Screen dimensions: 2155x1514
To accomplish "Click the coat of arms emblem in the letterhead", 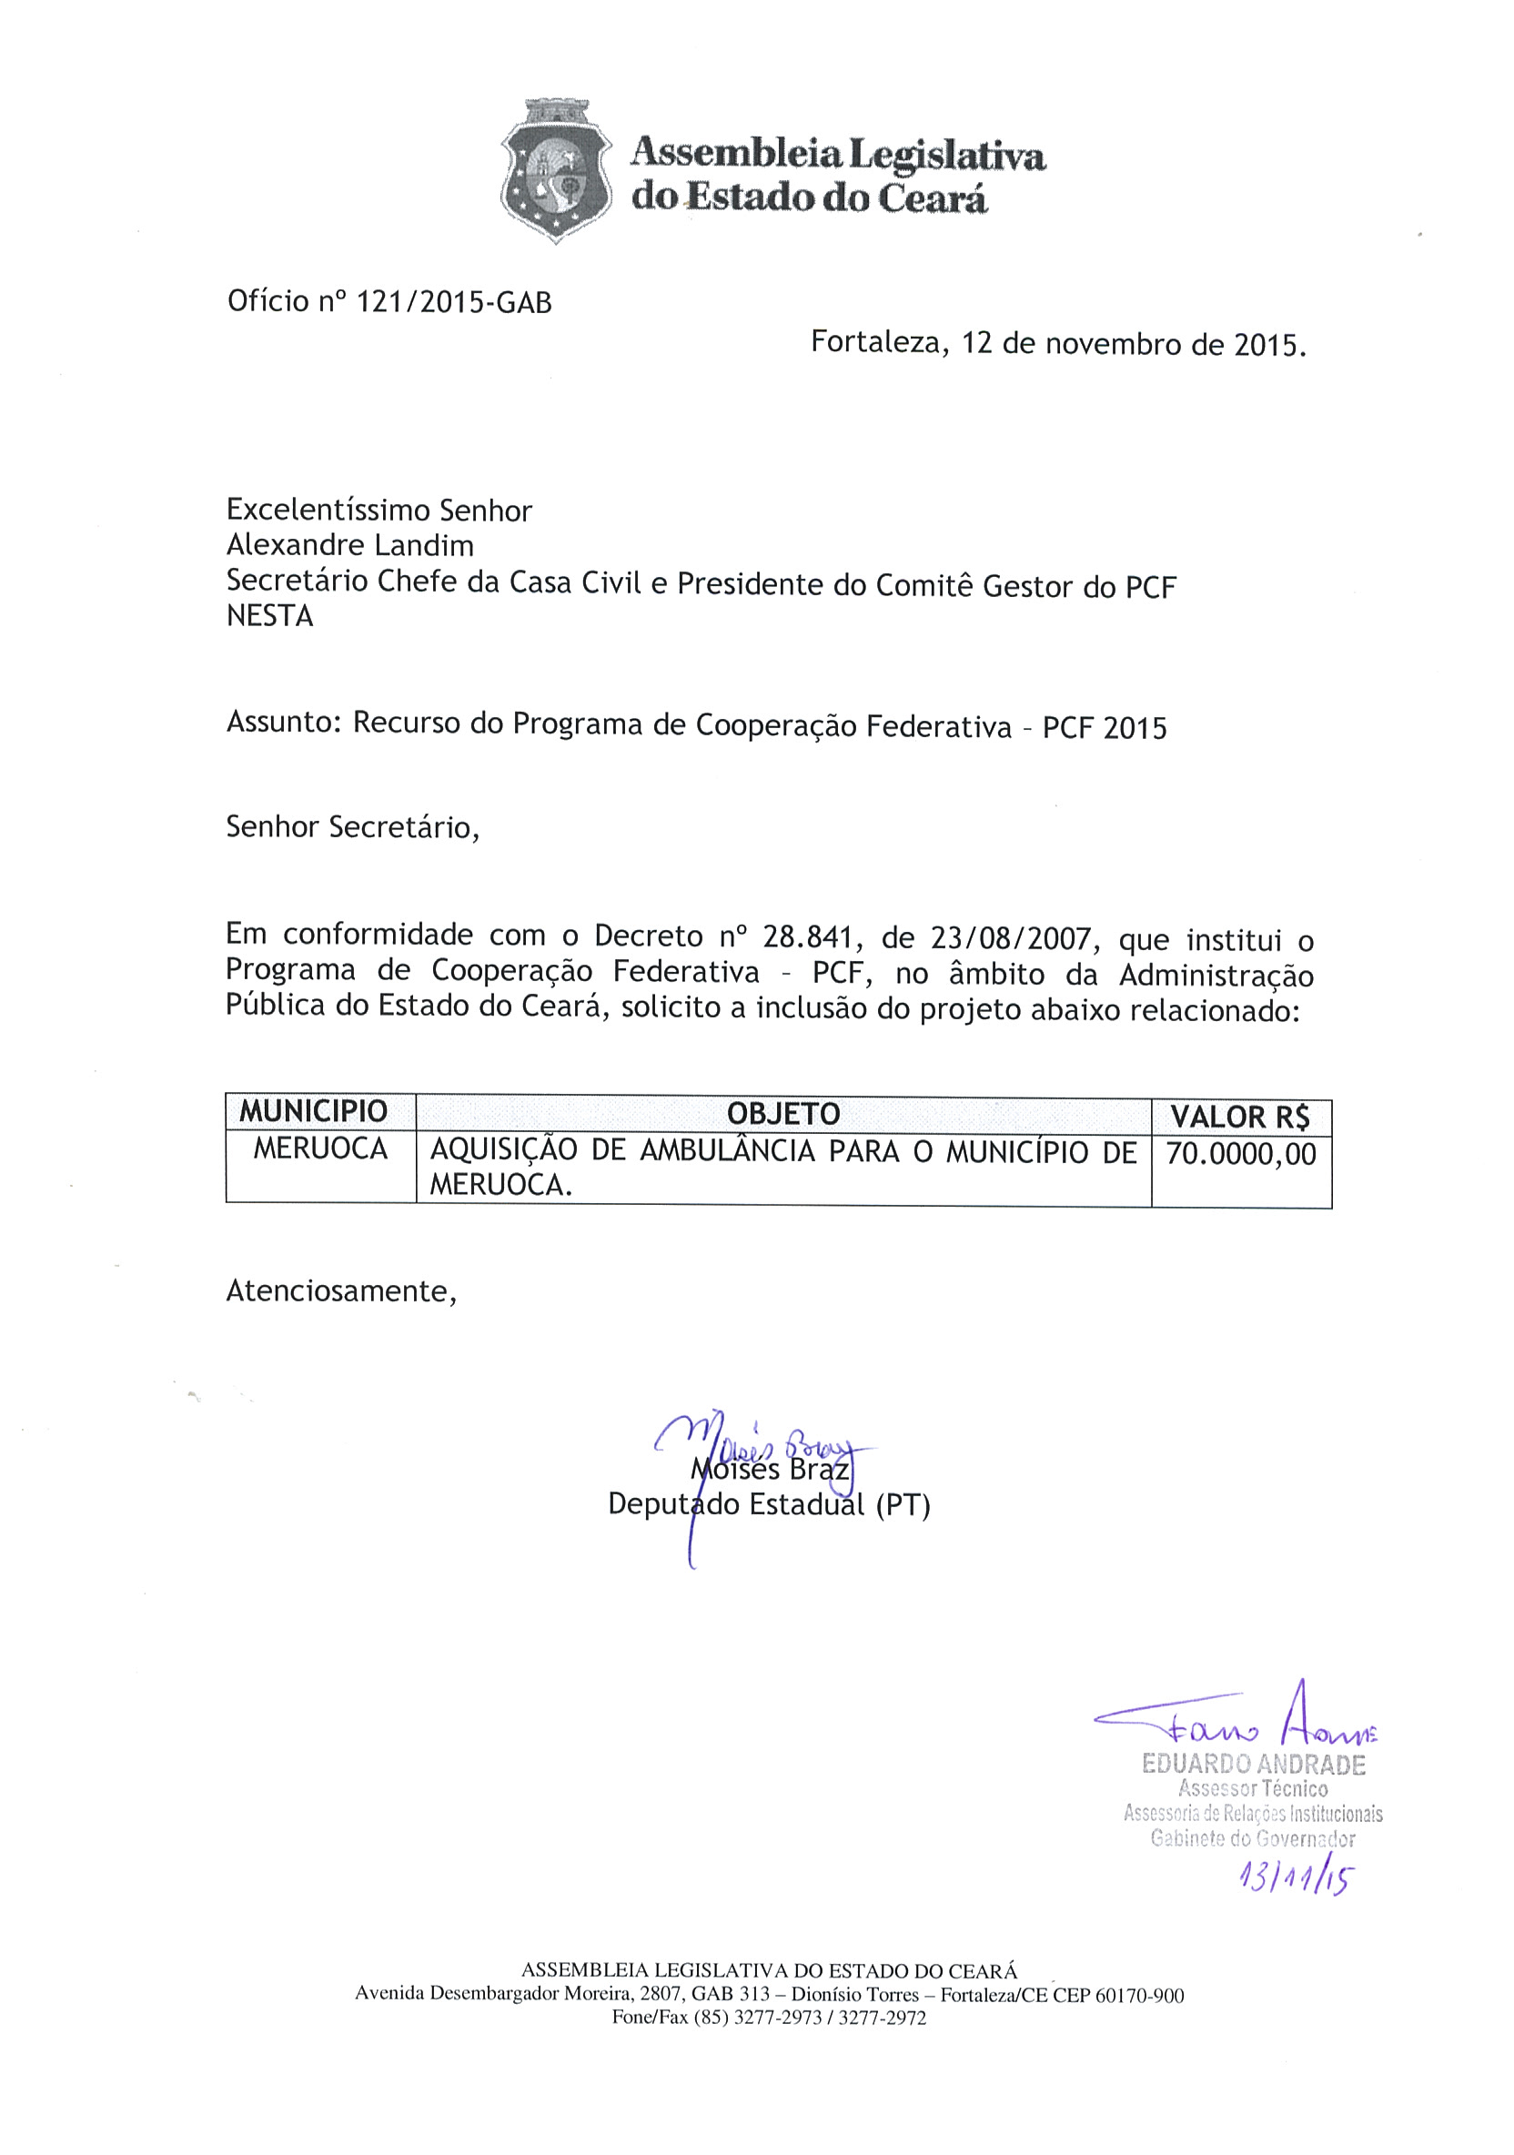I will [555, 170].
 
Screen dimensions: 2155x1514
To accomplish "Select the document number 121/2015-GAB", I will [454, 302].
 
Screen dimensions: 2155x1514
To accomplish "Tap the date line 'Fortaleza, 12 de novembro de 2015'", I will [1057, 343].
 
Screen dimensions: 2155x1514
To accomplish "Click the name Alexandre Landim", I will [349, 545].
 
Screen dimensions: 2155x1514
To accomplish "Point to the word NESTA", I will [269, 616].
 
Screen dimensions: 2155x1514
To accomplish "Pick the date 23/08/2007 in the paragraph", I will [1011, 938].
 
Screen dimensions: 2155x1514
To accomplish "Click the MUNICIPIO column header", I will [313, 1111].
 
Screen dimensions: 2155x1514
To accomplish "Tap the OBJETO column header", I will [782, 1113].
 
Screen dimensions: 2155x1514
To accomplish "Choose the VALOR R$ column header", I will [1239, 1117].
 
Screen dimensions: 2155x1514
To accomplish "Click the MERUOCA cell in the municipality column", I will [320, 1148].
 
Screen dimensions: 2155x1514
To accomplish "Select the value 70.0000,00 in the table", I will [1240, 1154].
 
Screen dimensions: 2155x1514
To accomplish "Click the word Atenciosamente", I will [340, 1291].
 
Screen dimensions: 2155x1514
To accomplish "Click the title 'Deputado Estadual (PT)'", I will [769, 1504].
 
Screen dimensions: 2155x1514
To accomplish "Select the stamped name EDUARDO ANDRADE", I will [1252, 1765].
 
